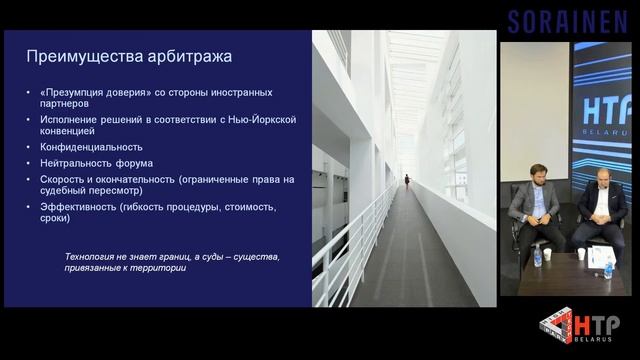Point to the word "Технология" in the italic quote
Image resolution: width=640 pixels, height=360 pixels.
click(x=92, y=257)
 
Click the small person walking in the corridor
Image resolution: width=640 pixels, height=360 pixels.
click(x=407, y=180)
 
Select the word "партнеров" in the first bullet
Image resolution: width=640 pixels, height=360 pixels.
click(x=63, y=103)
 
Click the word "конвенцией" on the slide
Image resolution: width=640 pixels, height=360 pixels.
click(x=68, y=131)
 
